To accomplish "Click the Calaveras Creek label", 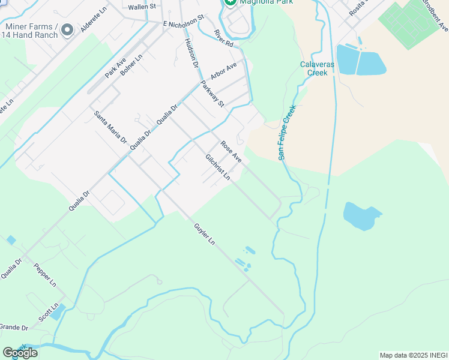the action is tap(313, 69).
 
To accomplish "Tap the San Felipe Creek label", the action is tap(288, 133).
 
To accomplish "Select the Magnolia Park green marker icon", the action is tap(229, 3).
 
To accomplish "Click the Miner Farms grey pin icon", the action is tap(67, 29).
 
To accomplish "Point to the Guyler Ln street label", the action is tap(204, 234).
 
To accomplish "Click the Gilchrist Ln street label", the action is tap(218, 167).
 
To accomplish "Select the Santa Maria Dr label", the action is tap(110, 126).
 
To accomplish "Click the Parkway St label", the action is tap(212, 94).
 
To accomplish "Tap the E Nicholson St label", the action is tap(184, 23).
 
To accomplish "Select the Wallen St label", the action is tap(142, 7).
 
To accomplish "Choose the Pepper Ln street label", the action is tap(45, 274).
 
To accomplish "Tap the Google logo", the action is tap(20, 353).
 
